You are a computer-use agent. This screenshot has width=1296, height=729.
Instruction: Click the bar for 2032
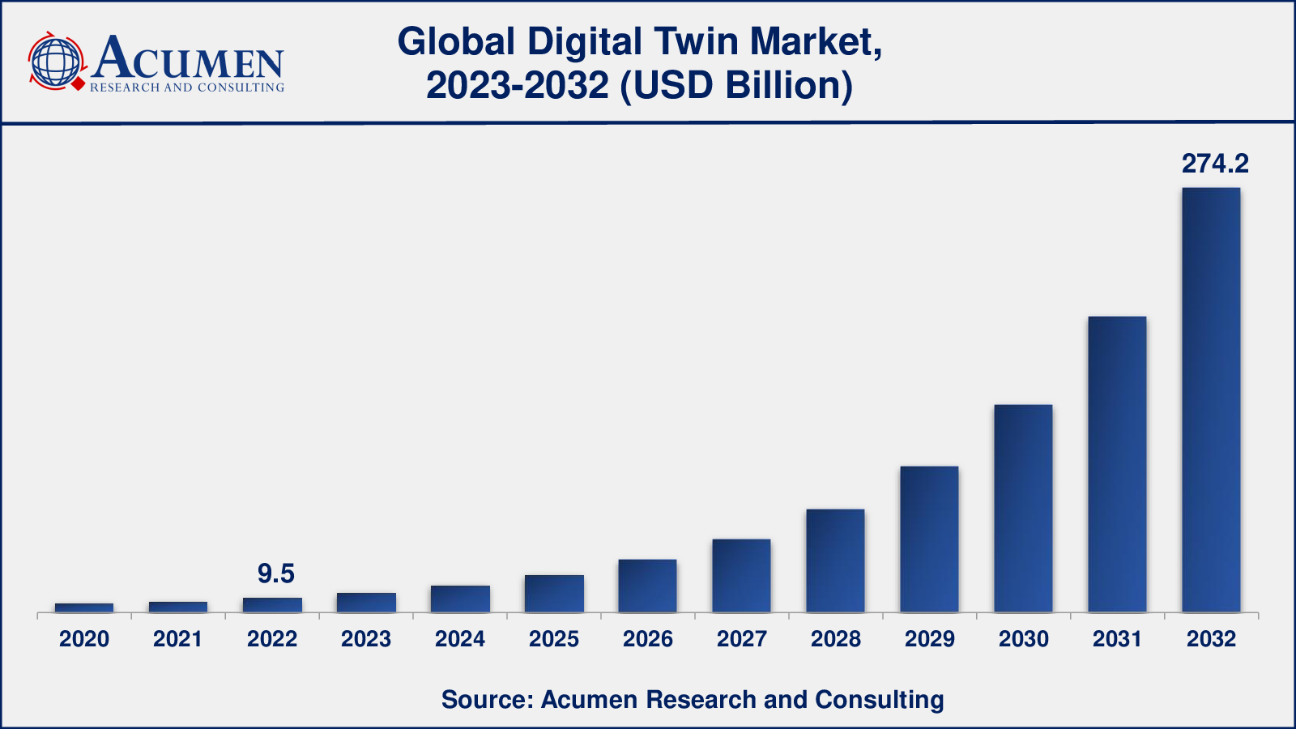click(1211, 399)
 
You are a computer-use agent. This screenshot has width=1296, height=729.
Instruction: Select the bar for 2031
click(1117, 463)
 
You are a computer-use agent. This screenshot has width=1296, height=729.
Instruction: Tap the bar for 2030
click(1023, 508)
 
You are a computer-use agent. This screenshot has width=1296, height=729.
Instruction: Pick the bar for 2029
click(929, 539)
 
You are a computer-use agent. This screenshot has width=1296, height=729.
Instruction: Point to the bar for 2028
click(835, 560)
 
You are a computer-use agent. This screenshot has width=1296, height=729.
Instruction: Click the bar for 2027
click(741, 575)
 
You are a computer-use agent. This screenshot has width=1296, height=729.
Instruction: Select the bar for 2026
click(647, 585)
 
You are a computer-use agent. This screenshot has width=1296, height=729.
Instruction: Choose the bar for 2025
click(554, 593)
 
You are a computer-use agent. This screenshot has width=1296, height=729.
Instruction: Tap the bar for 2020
click(84, 607)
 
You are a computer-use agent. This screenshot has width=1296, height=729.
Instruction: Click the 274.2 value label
click(1215, 164)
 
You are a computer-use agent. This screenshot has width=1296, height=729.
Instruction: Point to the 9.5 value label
click(275, 574)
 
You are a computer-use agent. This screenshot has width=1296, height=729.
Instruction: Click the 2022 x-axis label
click(272, 639)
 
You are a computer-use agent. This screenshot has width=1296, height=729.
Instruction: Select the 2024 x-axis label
click(460, 639)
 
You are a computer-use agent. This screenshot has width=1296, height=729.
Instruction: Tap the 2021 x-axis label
click(178, 639)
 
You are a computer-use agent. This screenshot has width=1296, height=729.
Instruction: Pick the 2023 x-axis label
click(366, 639)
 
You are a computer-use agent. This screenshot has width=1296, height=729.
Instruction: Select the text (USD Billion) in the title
click(736, 86)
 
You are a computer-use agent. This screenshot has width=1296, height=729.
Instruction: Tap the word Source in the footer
click(485, 699)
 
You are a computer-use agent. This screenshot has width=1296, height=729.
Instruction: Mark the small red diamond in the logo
click(79, 83)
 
